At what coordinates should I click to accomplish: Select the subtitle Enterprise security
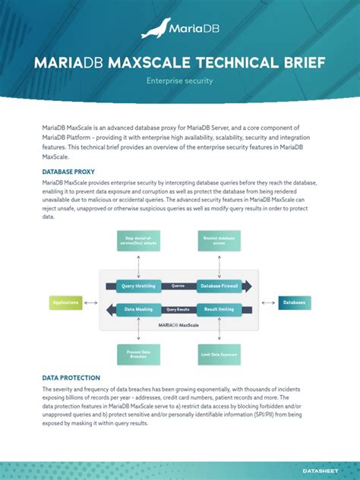[180, 80]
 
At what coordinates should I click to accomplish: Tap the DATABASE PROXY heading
[68, 172]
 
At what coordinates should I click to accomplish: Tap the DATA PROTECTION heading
[71, 377]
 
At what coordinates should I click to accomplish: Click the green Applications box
[66, 303]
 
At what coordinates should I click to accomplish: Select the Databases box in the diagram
[294, 303]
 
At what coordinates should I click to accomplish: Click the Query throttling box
[138, 286]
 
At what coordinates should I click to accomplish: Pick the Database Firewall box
[219, 286]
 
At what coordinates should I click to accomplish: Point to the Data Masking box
[138, 309]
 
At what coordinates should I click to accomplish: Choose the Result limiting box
[219, 309]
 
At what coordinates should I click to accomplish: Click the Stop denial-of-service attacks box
[138, 242]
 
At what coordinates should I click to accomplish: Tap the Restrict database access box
[219, 242]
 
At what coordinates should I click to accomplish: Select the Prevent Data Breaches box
[138, 353]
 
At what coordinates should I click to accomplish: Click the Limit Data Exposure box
[219, 353]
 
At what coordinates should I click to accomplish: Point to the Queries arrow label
[178, 286]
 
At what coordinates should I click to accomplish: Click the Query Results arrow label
[178, 309]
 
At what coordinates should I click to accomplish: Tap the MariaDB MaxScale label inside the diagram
[178, 324]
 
